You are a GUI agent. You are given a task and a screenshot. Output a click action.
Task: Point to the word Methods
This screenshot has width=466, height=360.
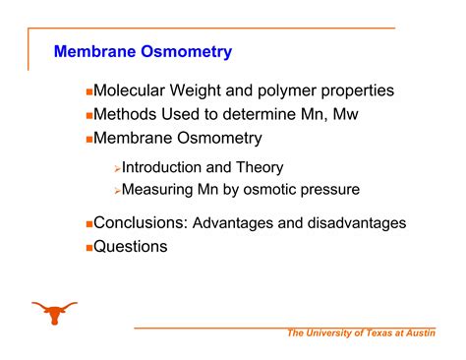click(x=126, y=115)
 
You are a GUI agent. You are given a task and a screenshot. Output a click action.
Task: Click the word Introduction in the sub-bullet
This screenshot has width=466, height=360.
click(x=161, y=168)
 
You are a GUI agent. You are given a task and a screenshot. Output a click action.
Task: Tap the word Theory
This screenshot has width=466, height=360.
click(x=261, y=168)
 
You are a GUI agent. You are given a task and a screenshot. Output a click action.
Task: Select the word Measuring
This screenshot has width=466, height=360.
click(x=157, y=189)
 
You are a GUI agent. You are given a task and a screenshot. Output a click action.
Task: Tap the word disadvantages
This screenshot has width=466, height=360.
click(x=358, y=223)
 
